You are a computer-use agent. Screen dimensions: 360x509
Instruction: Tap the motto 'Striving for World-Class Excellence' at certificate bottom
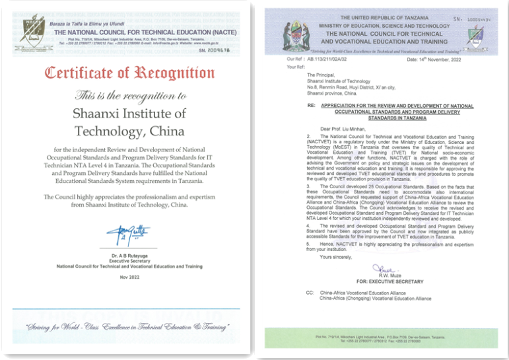[x=127, y=328]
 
